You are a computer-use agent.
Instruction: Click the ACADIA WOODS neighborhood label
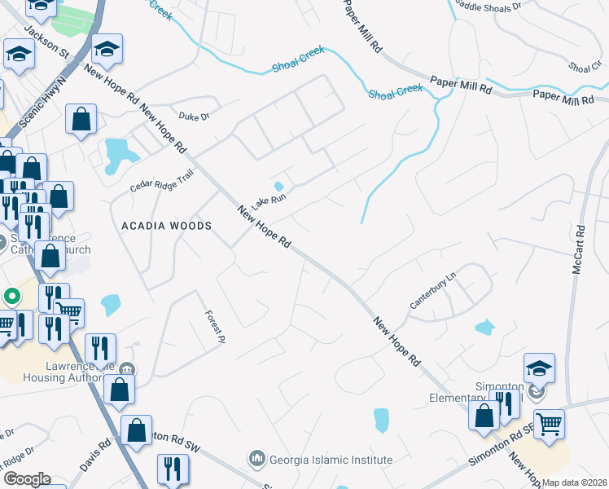(166, 225)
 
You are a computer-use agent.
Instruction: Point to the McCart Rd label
(579, 249)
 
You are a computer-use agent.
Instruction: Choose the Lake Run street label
(268, 197)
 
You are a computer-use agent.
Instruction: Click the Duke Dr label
(194, 117)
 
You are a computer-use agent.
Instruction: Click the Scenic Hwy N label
(38, 104)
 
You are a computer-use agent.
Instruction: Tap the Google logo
(26, 479)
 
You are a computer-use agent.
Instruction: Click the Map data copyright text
(574, 482)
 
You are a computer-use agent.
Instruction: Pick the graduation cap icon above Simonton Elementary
(539, 367)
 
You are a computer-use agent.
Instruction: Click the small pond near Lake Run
(278, 187)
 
